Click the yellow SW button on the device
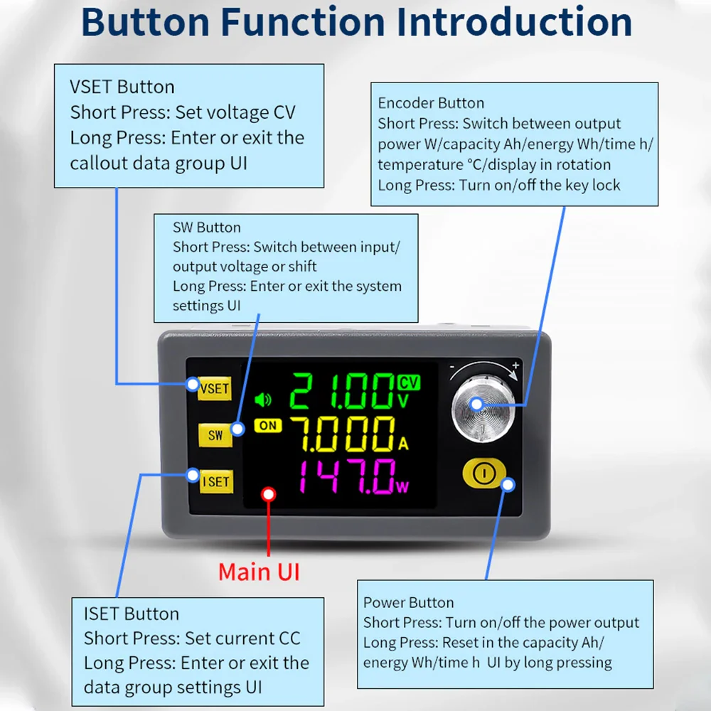[215, 435]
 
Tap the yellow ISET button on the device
[215, 481]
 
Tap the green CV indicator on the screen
[410, 383]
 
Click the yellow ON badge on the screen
[267, 426]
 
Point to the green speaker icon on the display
[263, 400]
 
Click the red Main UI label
[259, 571]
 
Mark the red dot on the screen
[268, 493]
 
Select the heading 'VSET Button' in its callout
[122, 87]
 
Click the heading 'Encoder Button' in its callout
[431, 103]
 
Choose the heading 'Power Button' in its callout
[408, 602]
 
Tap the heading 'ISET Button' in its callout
[132, 614]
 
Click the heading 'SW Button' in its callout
[207, 228]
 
